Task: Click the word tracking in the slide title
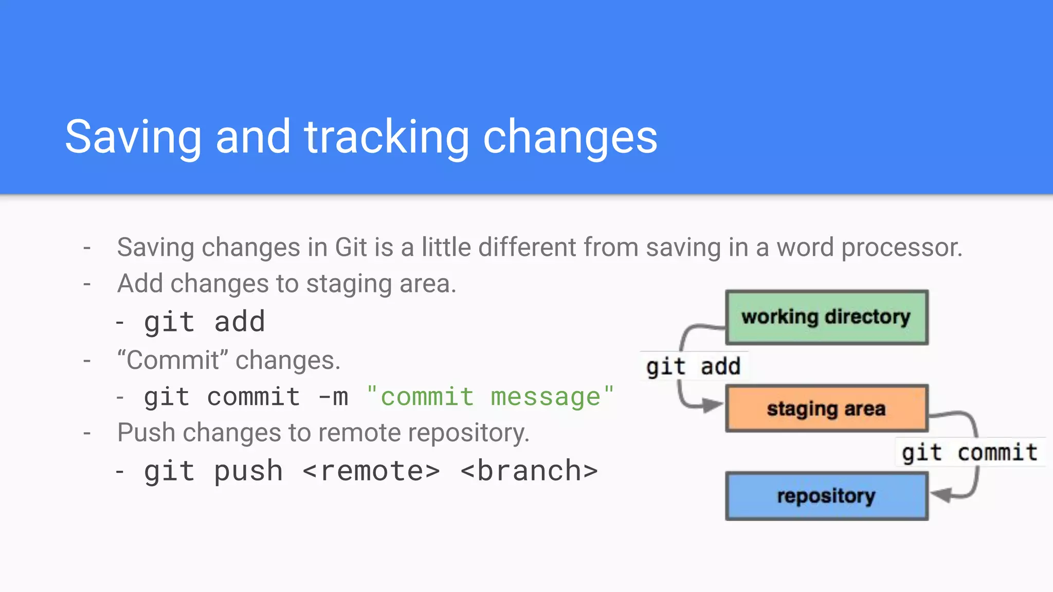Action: [x=386, y=137]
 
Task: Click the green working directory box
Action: [x=826, y=317]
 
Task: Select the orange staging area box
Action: [x=826, y=409]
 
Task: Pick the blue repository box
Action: [x=826, y=496]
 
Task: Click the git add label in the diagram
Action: [x=693, y=366]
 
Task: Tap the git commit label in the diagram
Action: [x=970, y=452]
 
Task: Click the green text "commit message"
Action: [x=490, y=397]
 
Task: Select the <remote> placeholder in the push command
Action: [x=371, y=471]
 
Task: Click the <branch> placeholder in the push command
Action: [x=529, y=471]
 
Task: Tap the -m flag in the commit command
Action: [x=333, y=397]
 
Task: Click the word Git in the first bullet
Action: [x=351, y=247]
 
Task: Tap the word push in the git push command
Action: [x=248, y=471]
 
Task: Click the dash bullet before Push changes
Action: [x=87, y=433]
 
